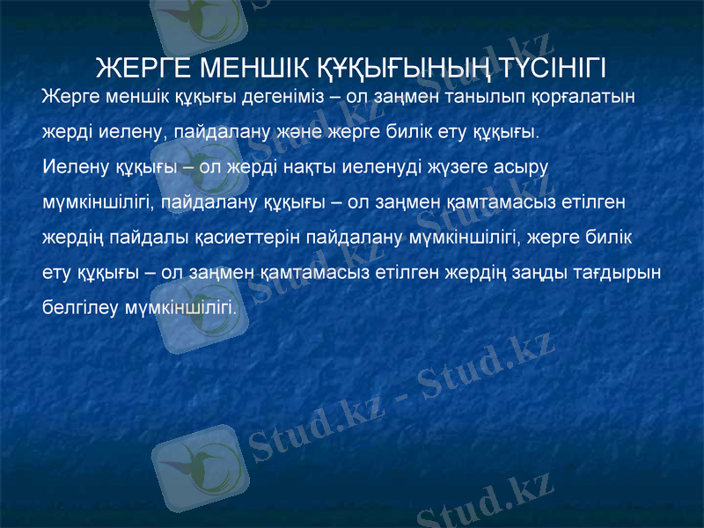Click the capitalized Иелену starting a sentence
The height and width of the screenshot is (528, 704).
75,166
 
